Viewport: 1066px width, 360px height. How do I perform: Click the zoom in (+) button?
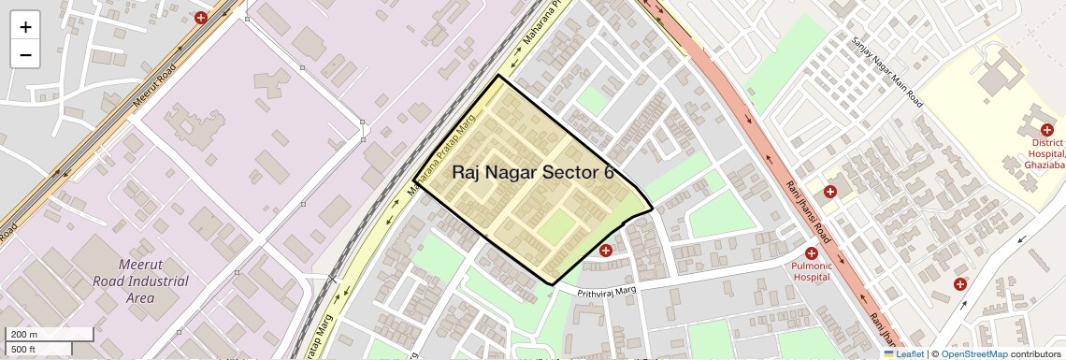(x=25, y=27)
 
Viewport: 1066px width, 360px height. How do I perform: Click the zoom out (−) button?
(x=25, y=54)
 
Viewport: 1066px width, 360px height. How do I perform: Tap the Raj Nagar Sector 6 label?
(x=533, y=172)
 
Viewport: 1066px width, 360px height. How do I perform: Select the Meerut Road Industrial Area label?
(x=139, y=281)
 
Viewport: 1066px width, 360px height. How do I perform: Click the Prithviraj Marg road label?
(x=606, y=292)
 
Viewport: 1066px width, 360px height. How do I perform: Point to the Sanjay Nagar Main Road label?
(x=887, y=71)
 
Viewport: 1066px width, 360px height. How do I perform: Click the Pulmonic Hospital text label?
(x=812, y=271)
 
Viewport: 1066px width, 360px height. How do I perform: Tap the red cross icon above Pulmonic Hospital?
(x=812, y=253)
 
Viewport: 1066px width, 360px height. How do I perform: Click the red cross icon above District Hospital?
(x=1047, y=129)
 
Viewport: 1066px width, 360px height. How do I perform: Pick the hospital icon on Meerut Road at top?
(x=201, y=18)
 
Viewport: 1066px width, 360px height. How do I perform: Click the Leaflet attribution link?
(x=904, y=354)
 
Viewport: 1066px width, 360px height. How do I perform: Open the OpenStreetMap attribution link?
(x=973, y=354)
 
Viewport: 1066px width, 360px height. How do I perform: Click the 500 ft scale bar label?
(x=23, y=349)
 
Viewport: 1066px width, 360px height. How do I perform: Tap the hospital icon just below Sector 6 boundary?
(x=606, y=251)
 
